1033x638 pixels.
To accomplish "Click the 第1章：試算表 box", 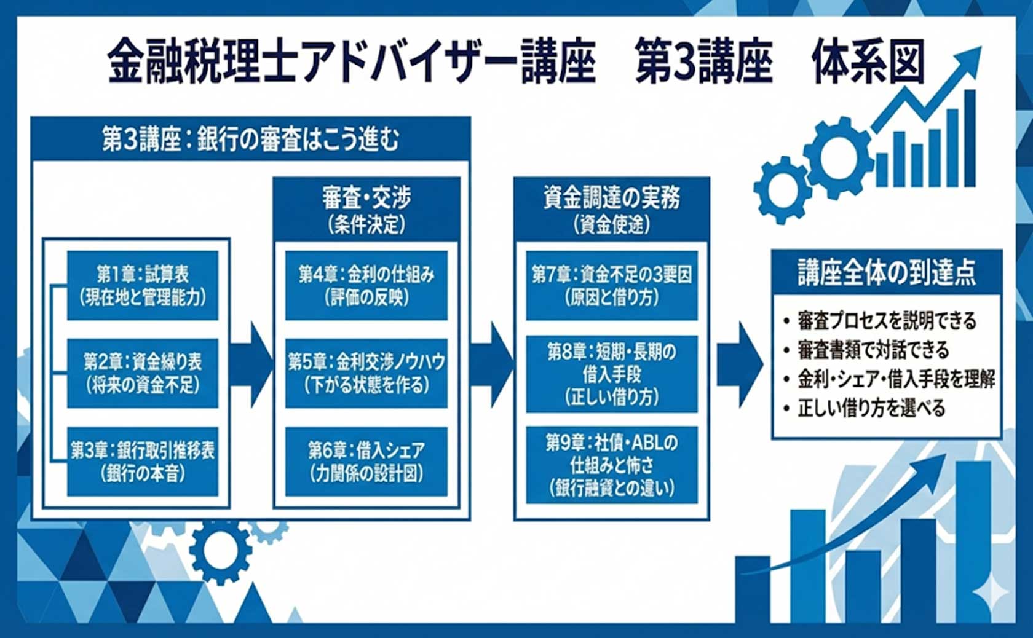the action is pos(143,286).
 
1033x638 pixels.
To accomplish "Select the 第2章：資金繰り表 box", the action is pos(143,374).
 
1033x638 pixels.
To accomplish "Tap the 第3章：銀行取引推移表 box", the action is pos(143,462).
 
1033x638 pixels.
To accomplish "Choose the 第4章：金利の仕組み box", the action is pos(366,286).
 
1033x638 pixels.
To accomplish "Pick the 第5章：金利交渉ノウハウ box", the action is pos(366,374).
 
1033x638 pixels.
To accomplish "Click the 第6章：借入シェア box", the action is pos(366,462).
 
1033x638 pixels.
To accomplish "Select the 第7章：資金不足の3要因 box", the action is pos(612,286).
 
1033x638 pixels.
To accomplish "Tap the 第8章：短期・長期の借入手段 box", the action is pos(612,374).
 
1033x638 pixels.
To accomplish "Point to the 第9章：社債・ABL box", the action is pos(612,465).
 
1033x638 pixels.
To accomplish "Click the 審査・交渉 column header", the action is pos(367,209).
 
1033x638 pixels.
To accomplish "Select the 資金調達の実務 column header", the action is pos(612,209).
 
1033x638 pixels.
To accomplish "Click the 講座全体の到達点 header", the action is pos(887,272).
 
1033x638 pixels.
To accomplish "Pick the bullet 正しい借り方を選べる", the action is pos(865,408).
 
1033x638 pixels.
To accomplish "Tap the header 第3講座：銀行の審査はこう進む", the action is pos(251,139).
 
